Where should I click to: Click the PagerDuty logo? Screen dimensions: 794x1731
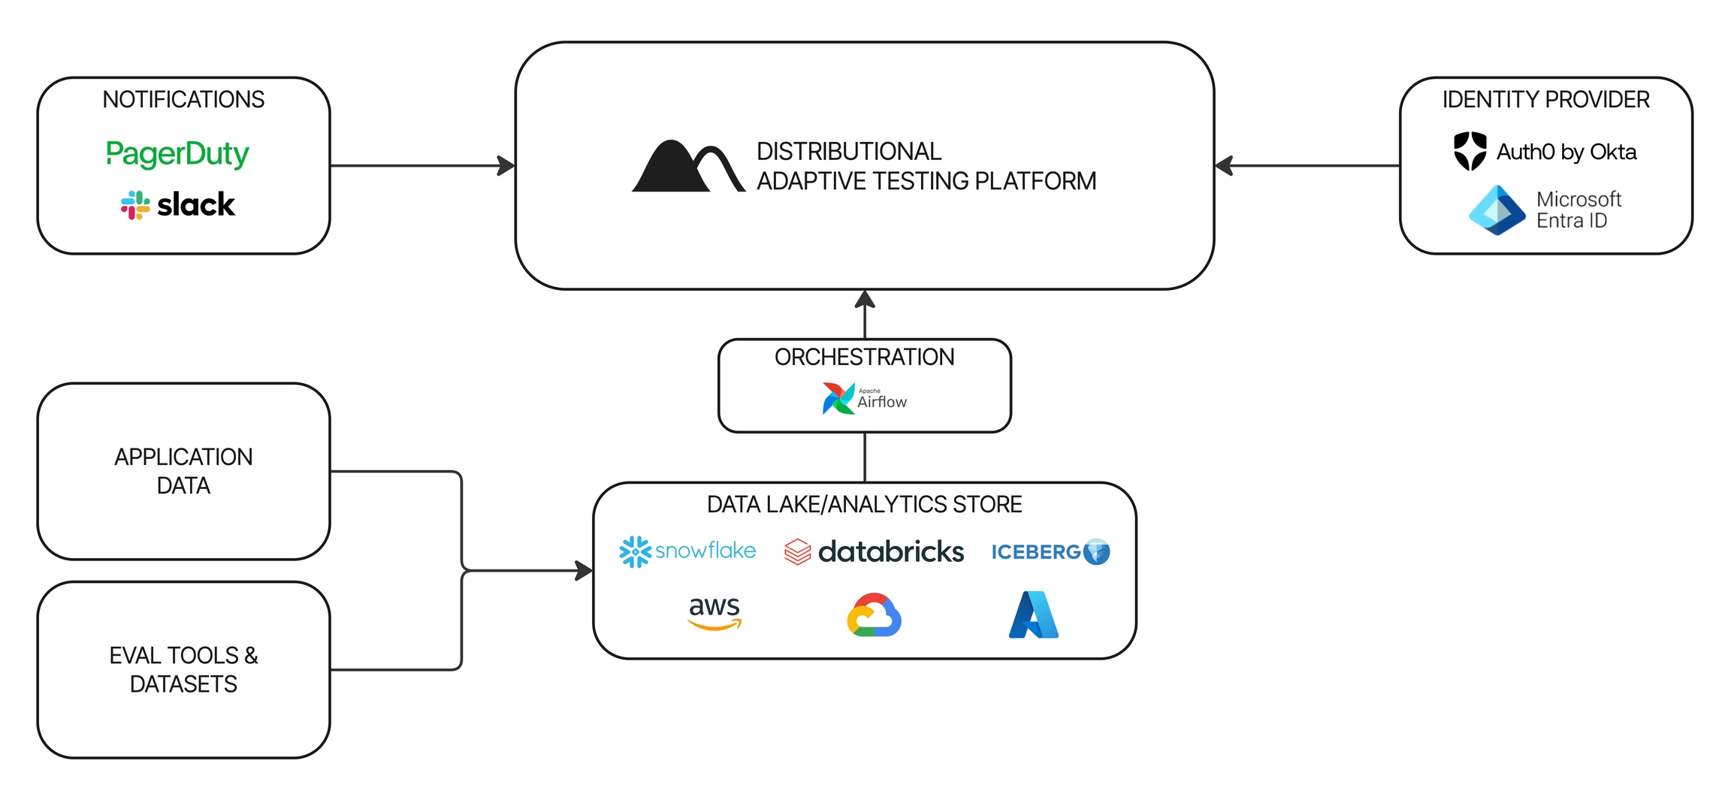coord(177,153)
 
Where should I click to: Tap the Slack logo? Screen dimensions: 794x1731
coord(178,204)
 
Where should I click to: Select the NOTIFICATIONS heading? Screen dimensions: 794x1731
coord(183,99)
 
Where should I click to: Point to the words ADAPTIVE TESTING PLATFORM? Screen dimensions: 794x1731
coord(926,181)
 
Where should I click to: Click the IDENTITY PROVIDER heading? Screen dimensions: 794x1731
coord(1545,99)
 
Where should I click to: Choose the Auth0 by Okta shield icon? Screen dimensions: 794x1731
coord(1470,151)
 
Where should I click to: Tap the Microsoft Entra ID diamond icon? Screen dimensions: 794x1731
coord(1497,210)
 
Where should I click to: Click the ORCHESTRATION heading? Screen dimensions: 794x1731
coord(864,357)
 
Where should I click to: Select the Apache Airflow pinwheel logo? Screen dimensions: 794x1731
coord(838,398)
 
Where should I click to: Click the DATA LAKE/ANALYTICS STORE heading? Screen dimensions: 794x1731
coord(864,504)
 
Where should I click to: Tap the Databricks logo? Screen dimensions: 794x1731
coord(874,551)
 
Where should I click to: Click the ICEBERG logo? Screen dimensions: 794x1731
coord(1050,552)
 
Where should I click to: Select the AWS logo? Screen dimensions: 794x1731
coord(714,612)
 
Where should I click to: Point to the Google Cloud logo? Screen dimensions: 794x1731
coord(874,615)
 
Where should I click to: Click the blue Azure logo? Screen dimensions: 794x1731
coord(1034,615)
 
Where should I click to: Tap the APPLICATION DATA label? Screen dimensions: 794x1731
coord(183,471)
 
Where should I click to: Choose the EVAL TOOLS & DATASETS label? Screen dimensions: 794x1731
coord(183,669)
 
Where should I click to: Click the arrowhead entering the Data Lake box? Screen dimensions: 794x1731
coord(584,571)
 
